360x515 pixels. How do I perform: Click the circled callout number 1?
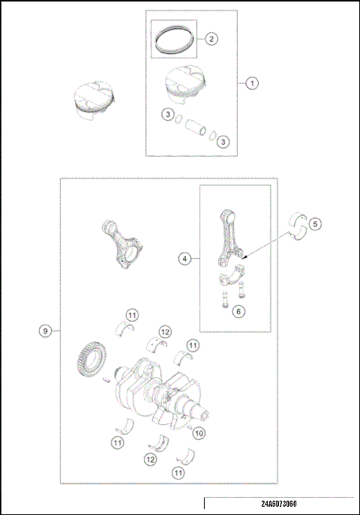tap(252, 84)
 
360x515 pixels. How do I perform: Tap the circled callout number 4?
tap(184, 259)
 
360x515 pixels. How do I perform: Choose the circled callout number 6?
tap(238, 310)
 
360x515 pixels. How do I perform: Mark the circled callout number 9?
tap(46, 331)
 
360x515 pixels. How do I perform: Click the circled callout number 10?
tap(199, 433)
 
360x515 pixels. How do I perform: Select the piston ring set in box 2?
tap(174, 37)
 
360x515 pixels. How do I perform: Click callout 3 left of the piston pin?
tap(169, 114)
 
